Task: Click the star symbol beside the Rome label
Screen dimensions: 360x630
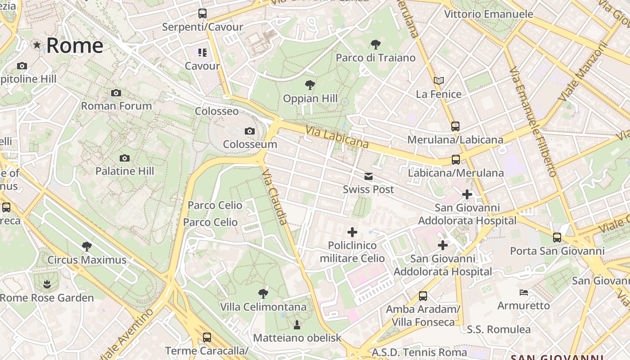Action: [37, 45]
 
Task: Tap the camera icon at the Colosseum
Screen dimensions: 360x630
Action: [249, 131]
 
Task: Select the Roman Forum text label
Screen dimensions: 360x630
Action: [116, 106]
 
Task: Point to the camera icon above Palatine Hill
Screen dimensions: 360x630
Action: [125, 158]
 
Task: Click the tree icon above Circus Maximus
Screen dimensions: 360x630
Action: [87, 246]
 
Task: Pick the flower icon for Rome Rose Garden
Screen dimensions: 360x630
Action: [47, 284]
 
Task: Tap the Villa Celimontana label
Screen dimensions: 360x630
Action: [263, 307]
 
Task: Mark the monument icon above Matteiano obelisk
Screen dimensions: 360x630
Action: [297, 324]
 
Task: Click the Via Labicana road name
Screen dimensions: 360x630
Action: [337, 137]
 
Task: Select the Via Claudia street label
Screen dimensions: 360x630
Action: [274, 197]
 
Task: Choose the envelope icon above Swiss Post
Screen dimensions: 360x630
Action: [369, 176]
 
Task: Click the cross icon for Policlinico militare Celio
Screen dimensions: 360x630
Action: [352, 232]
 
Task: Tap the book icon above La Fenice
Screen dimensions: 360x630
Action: [439, 81]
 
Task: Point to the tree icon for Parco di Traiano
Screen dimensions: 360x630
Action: [375, 44]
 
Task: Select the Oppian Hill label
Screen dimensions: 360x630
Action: [310, 99]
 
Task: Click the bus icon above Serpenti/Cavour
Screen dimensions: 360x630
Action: [202, 13]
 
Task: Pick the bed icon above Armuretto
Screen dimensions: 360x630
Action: [523, 292]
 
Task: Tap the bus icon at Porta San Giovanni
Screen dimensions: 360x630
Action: [557, 237]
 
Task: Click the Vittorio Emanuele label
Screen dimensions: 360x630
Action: [488, 14]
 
